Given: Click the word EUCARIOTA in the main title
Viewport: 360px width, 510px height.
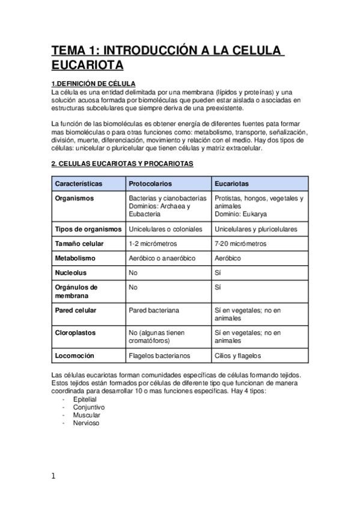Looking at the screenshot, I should click(87, 64).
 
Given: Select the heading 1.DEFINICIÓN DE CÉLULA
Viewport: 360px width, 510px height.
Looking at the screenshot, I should click(93, 84).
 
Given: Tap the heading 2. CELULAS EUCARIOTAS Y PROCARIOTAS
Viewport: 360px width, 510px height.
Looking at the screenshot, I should click(122, 164).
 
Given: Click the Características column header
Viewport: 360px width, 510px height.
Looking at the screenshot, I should click(79, 183).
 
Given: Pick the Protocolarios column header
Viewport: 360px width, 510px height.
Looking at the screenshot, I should click(150, 183).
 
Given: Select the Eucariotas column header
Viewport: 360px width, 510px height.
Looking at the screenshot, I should click(231, 183).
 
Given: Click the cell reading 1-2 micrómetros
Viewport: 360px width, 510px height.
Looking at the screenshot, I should click(152, 244).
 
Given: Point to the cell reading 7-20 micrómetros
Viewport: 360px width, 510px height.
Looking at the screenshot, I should click(240, 244).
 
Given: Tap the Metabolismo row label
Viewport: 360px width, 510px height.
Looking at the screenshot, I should click(75, 258).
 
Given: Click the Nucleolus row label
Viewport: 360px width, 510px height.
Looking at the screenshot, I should click(71, 272).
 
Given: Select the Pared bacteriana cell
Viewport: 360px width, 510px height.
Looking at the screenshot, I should click(154, 310).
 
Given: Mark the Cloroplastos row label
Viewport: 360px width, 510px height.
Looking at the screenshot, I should click(75, 333).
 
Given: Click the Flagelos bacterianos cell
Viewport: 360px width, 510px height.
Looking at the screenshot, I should click(159, 355).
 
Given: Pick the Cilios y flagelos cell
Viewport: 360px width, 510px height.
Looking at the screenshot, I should click(237, 355).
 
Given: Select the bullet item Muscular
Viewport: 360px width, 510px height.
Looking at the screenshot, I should click(87, 415).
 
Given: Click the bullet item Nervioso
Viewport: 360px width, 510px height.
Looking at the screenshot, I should click(86, 423).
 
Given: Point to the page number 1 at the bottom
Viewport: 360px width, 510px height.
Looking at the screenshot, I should click(53, 476).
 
